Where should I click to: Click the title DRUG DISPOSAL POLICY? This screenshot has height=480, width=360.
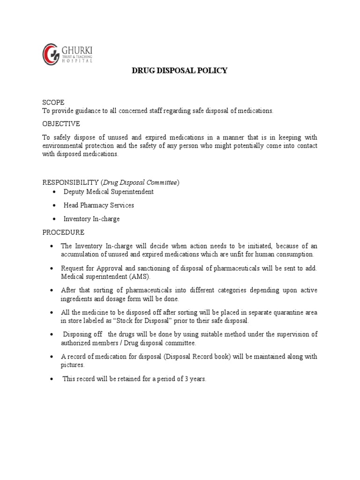click(179, 71)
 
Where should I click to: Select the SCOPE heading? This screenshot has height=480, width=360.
click(53, 102)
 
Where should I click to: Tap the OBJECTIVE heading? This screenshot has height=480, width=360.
click(61, 124)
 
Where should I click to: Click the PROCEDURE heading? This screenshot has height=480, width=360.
click(63, 232)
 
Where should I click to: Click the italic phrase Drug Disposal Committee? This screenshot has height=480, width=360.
click(140, 182)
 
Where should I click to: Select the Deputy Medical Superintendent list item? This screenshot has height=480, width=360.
click(109, 192)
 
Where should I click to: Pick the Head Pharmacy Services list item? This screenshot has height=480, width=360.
click(99, 205)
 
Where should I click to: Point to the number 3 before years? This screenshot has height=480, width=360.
click(186, 379)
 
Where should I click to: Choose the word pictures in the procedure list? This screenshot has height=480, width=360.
click(72, 365)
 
